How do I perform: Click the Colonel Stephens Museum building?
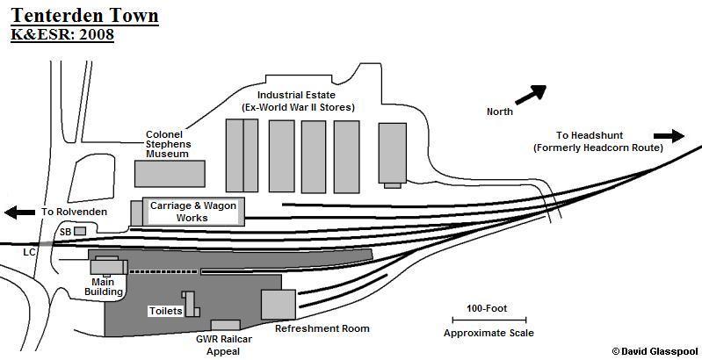pyautogui.click(x=170, y=173)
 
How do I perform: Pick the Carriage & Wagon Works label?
pyautogui.click(x=192, y=211)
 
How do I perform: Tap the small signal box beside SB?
pyautogui.click(x=80, y=231)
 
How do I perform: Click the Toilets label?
pyautogui.click(x=165, y=311)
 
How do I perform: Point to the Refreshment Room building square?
pyautogui.click(x=278, y=304)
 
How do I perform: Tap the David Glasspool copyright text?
pyautogui.click(x=655, y=350)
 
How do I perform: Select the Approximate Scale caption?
pyautogui.click(x=489, y=334)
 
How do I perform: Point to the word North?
pyautogui.click(x=501, y=112)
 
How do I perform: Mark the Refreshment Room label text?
pyautogui.click(x=322, y=328)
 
